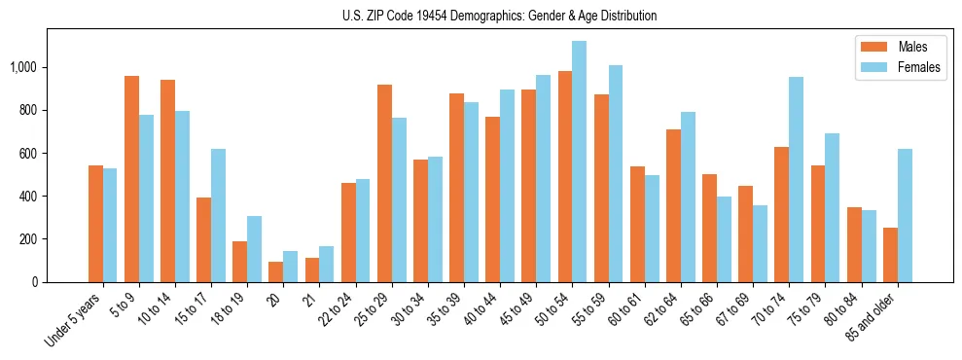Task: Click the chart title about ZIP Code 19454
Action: (x=499, y=16)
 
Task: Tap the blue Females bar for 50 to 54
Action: (x=579, y=162)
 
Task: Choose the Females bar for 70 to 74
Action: (x=796, y=179)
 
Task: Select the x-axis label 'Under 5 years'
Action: (x=74, y=320)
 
